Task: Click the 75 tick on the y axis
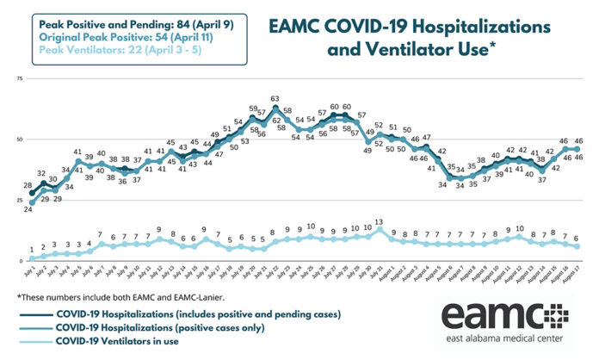pyautogui.click(x=18, y=78)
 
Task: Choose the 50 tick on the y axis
pyautogui.click(x=18, y=139)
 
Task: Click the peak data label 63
pyautogui.click(x=275, y=99)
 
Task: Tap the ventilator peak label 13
pyautogui.click(x=379, y=221)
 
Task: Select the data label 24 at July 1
pyautogui.click(x=28, y=209)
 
